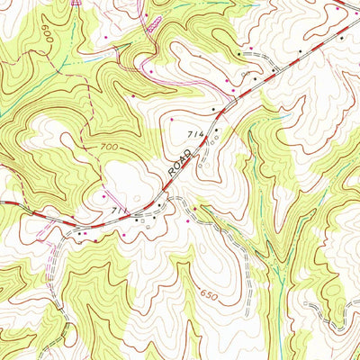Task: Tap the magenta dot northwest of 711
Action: coord(105,194)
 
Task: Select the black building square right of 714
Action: coord(217,131)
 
